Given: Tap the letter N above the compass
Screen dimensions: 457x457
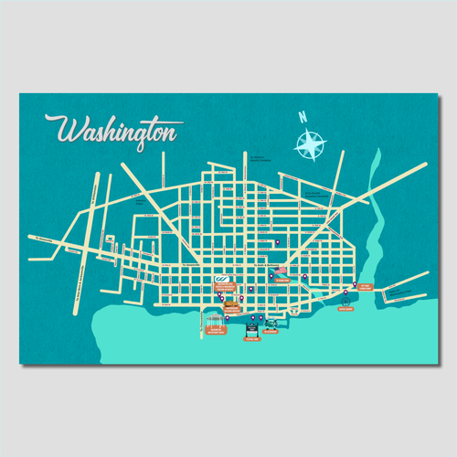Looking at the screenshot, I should (301, 117).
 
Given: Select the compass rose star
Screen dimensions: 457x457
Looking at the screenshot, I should (310, 143).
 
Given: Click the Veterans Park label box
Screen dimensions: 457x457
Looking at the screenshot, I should (283, 281).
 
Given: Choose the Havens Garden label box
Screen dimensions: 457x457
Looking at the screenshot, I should (345, 310).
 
